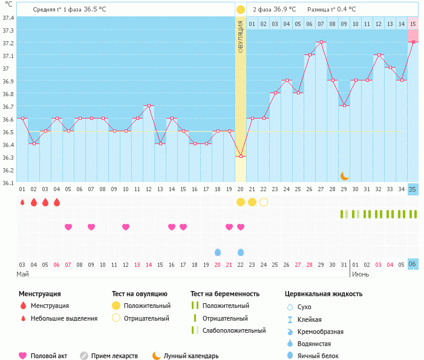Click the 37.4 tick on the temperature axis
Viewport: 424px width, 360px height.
[x=8, y=18]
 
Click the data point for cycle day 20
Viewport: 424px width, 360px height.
[x=241, y=156]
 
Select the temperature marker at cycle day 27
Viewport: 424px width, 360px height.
[x=321, y=42]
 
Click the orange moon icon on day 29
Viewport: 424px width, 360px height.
[x=344, y=175]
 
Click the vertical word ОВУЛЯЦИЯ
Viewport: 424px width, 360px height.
[x=241, y=36]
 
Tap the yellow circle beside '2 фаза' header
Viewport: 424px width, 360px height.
[x=241, y=9]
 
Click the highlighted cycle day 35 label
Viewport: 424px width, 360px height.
[x=413, y=189]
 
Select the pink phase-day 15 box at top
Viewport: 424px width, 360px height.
[x=413, y=24]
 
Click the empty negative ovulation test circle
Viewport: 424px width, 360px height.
[x=264, y=201]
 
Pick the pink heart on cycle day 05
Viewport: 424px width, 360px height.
[x=68, y=227]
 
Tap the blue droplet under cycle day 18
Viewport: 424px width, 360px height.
[x=218, y=252]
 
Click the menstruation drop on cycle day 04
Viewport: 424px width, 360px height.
[x=57, y=201]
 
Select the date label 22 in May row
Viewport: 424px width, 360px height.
[x=241, y=264]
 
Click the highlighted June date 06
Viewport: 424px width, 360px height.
[x=413, y=264]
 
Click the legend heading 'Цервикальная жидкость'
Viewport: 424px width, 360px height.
[x=324, y=294]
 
